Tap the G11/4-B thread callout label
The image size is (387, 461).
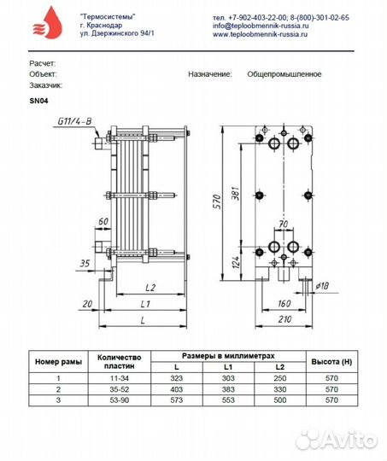(74, 121)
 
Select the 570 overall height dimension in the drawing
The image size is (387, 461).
(217, 201)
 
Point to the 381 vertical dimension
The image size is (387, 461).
(236, 193)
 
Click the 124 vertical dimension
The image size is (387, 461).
(236, 262)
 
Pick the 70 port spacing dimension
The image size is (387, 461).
(283, 224)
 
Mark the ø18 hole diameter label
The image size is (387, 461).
(322, 286)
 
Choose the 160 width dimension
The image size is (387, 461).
(284, 303)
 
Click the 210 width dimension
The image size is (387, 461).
(284, 319)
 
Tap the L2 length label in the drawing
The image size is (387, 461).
(150, 288)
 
